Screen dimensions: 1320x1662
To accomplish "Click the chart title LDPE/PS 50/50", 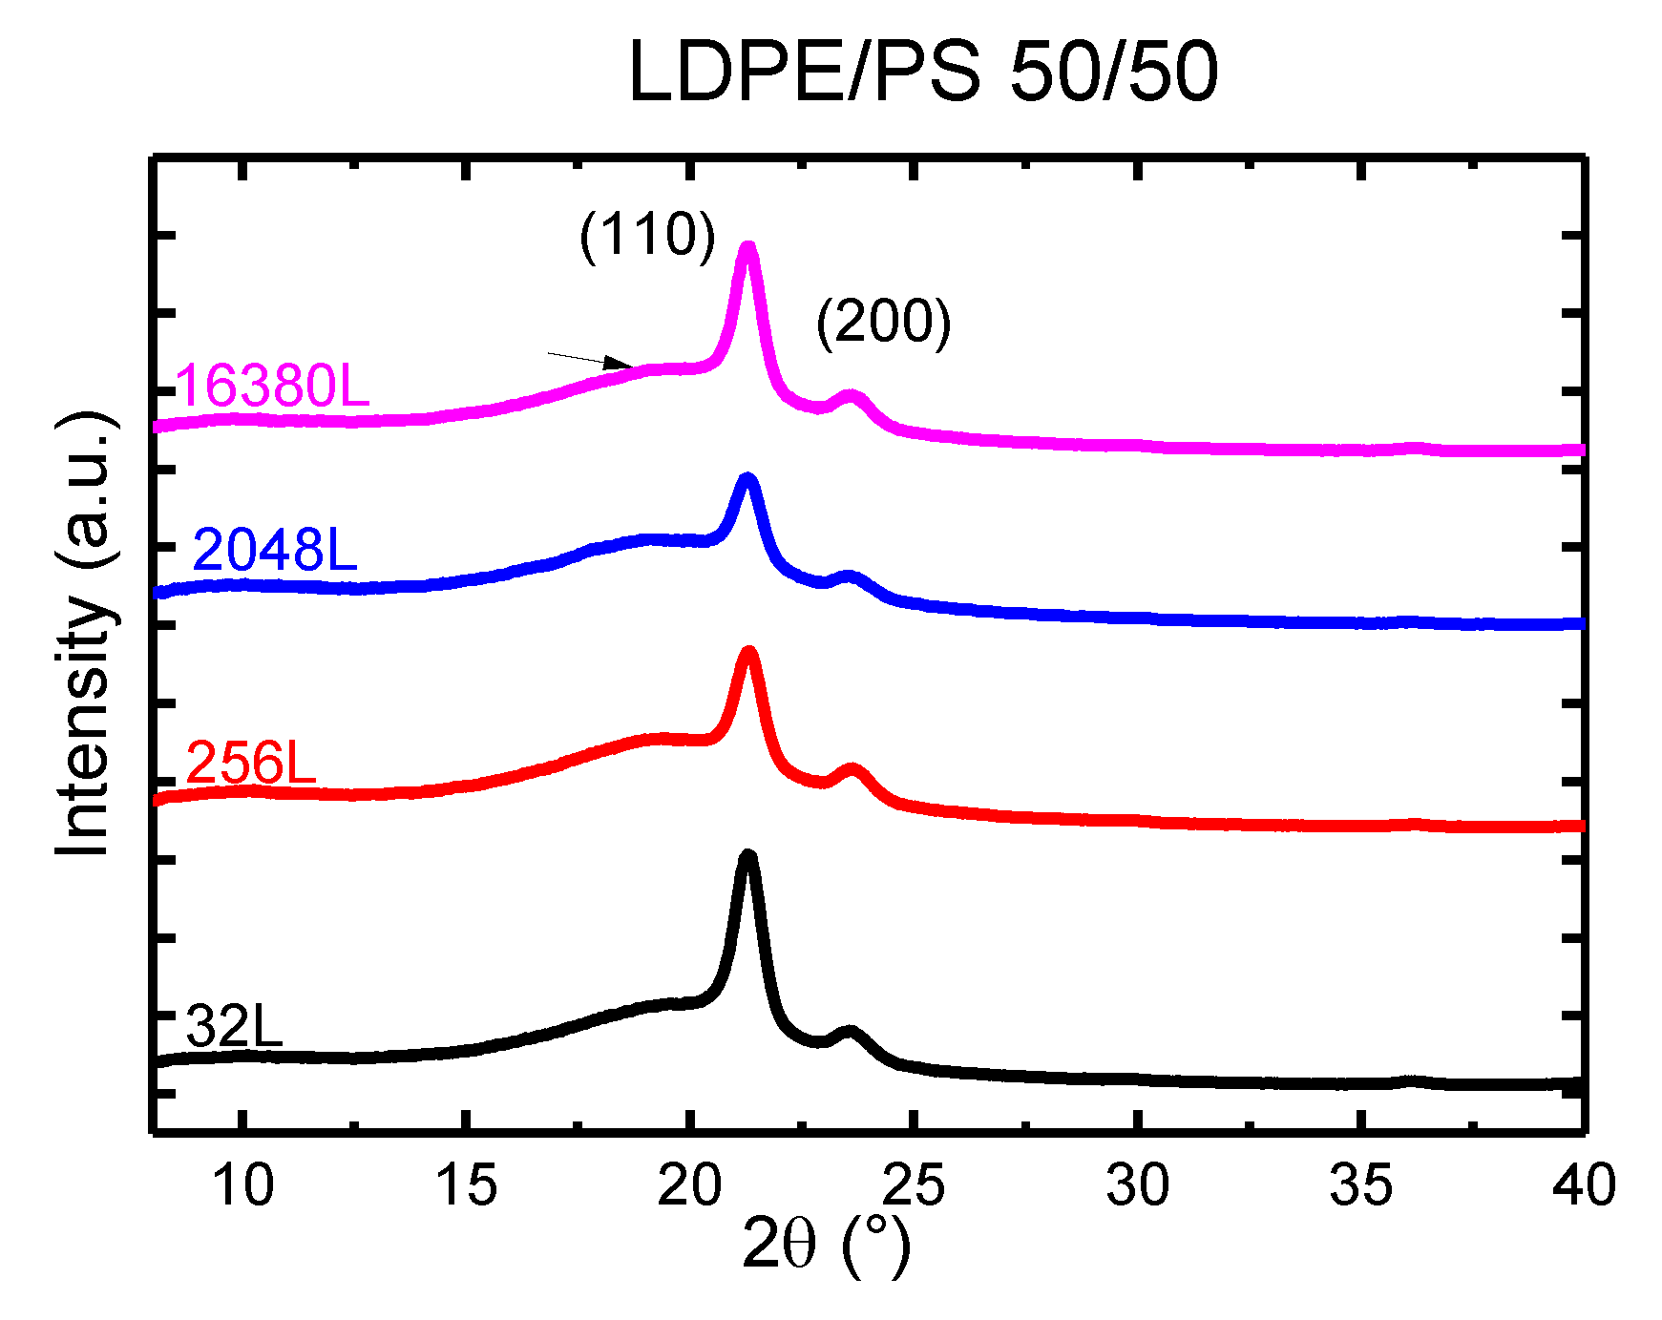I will click(x=922, y=73).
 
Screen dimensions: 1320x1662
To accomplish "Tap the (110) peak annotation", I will click(x=646, y=235).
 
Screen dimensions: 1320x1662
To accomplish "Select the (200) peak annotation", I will click(x=883, y=322).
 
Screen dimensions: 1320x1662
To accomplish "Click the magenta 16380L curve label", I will click(x=272, y=386).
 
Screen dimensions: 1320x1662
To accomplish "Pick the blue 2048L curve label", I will click(x=275, y=551).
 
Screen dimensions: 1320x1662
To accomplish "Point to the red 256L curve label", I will click(x=250, y=763).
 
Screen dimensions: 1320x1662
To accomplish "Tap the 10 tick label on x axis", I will click(x=242, y=1186).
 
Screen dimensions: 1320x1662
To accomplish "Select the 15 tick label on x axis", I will click(x=466, y=1186).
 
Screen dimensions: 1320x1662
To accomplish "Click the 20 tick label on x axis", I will click(x=689, y=1186).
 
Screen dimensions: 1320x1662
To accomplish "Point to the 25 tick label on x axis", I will click(x=914, y=1186).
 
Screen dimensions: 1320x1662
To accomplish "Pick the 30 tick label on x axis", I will click(x=1137, y=1186).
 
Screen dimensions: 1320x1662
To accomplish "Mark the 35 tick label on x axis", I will click(x=1360, y=1186).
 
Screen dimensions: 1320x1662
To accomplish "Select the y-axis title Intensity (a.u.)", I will click(x=84, y=635).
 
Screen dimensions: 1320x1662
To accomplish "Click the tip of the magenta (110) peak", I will click(x=748, y=247).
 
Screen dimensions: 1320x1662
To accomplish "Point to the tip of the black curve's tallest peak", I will click(x=748, y=855).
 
